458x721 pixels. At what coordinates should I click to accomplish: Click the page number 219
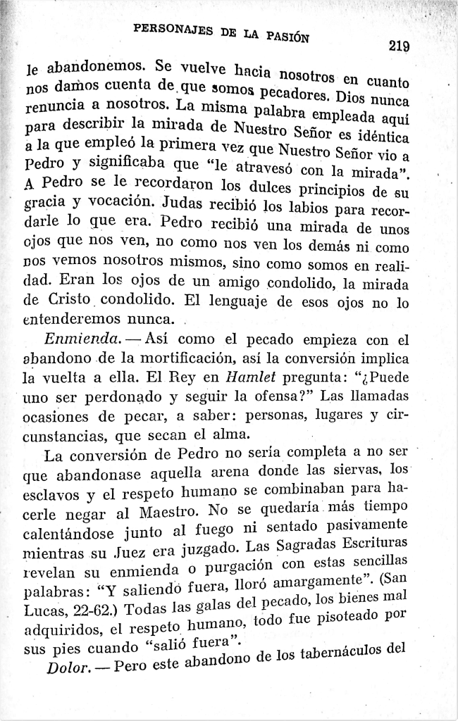pyautogui.click(x=399, y=46)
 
